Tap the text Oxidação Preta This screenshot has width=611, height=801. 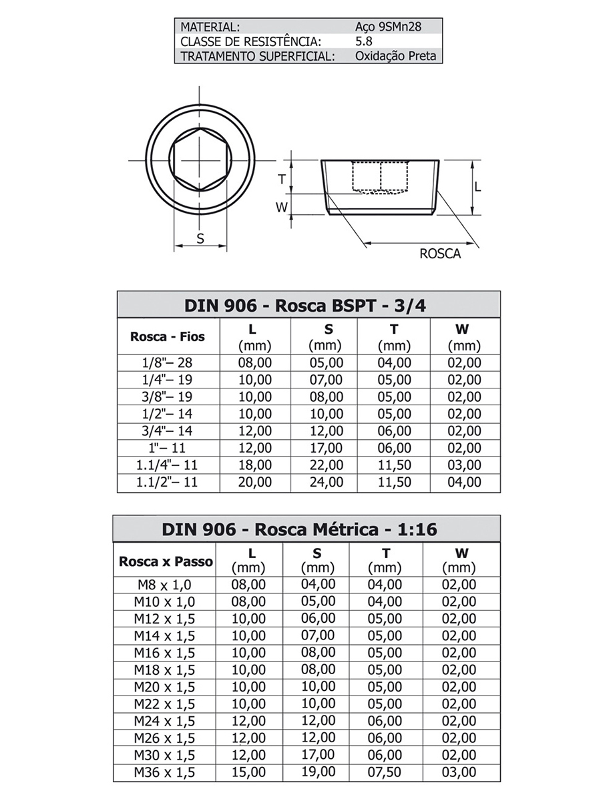(x=396, y=56)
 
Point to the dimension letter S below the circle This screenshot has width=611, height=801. (x=200, y=238)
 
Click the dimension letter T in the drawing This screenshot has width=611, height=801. (x=282, y=178)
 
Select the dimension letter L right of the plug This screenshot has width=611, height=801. (x=477, y=188)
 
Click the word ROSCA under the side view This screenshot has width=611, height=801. (x=439, y=254)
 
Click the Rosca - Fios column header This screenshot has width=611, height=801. (x=167, y=336)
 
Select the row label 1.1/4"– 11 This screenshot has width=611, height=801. (x=168, y=465)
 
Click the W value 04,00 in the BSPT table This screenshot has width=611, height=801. (x=464, y=482)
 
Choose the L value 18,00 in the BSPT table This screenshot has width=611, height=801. (x=255, y=465)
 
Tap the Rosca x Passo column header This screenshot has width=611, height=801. (x=166, y=561)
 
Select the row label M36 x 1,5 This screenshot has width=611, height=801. (x=164, y=772)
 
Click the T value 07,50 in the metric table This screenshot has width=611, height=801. (x=385, y=772)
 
